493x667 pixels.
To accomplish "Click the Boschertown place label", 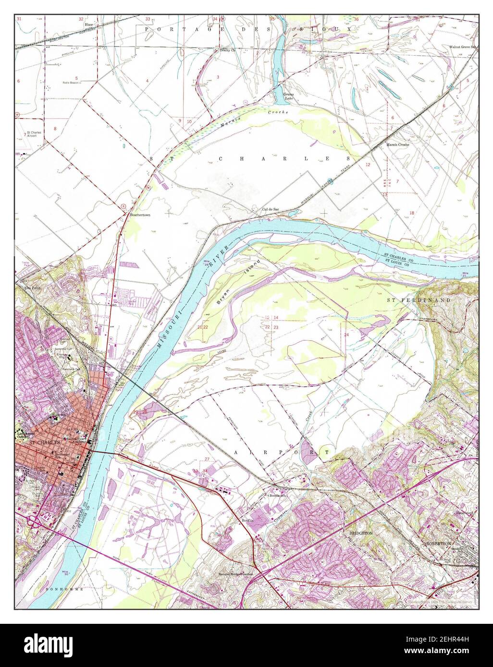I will click(140, 215).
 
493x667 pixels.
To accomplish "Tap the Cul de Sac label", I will click(271, 209).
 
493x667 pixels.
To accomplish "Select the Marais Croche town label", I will click(397, 144).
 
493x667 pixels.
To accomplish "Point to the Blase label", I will click(88, 24).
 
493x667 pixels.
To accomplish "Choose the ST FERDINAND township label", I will click(419, 300).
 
